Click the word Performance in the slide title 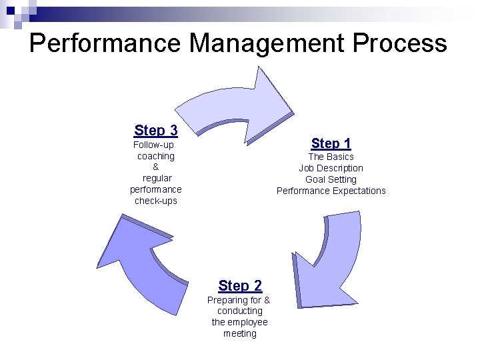(105, 44)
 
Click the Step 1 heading (331, 143)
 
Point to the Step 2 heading (240, 286)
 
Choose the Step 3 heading (155, 130)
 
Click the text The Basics (331, 157)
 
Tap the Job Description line (331, 168)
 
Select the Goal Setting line (331, 179)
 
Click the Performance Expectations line (331, 191)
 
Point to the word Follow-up (153, 145)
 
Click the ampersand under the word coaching (155, 167)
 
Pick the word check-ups (155, 201)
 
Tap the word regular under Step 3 (157, 178)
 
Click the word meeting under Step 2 (240, 333)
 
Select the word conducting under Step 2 (240, 311)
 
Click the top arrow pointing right (240, 100)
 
